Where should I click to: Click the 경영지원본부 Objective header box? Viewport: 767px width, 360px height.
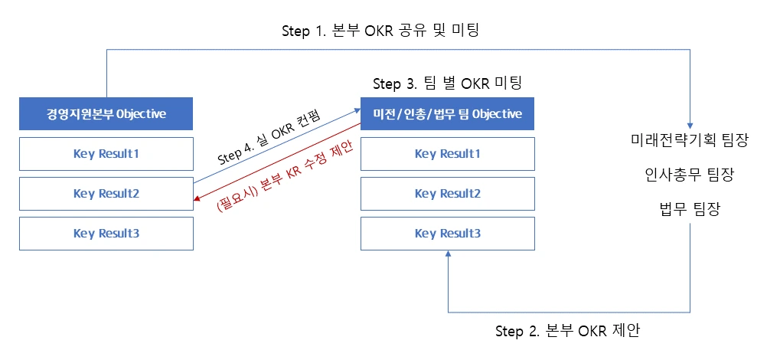[106, 114]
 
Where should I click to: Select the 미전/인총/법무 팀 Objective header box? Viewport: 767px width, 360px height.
[448, 114]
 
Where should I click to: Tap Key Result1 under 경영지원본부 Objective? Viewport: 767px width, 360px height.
[106, 154]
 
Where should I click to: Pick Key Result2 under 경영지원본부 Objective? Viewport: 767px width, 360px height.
[106, 194]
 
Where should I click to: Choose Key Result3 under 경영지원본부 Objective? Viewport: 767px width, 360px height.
[106, 234]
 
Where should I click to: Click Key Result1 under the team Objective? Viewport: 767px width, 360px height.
[448, 154]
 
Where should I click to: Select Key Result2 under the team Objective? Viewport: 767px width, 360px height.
[448, 194]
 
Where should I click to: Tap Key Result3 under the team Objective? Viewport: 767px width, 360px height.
[448, 234]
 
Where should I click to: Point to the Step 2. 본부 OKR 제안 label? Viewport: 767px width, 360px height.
[567, 332]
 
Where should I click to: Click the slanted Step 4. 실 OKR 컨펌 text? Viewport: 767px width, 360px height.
[268, 139]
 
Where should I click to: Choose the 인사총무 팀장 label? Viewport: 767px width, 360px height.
[690, 175]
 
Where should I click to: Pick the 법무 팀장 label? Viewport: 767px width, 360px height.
[690, 209]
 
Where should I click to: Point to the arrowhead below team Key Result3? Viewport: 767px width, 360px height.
[448, 255]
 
